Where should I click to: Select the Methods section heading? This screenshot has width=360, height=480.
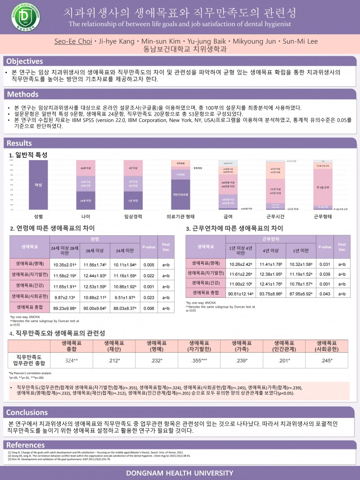(22, 94)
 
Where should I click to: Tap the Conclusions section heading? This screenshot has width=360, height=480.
(27, 413)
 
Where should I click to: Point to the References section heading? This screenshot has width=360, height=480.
(26, 445)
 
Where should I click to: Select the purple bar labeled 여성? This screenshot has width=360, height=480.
(38, 185)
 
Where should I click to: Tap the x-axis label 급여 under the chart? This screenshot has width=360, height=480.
(228, 216)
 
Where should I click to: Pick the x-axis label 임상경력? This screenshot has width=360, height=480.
(133, 216)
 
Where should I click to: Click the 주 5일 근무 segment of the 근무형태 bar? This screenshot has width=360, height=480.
(323, 187)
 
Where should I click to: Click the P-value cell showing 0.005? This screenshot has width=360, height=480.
(149, 265)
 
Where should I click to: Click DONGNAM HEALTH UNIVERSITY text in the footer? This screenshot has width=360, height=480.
(180, 473)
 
